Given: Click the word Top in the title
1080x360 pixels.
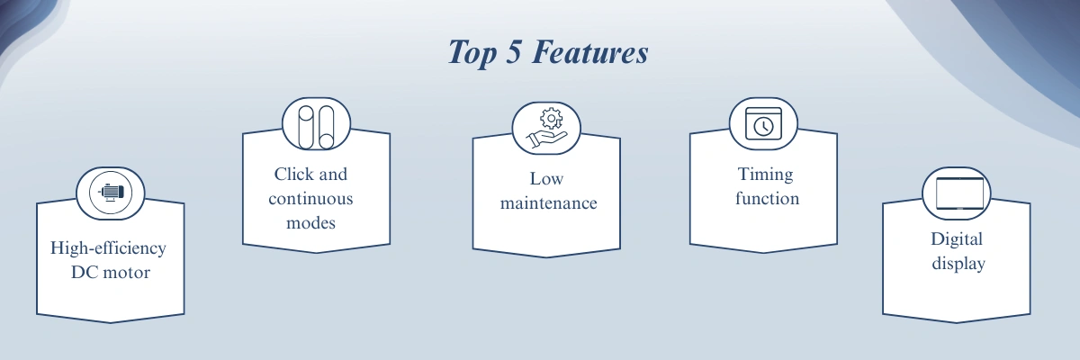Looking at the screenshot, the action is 472,53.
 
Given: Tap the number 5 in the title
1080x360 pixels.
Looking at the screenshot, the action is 514,51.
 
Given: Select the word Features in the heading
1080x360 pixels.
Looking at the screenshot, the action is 590,51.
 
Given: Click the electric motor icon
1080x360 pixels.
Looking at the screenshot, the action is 111,193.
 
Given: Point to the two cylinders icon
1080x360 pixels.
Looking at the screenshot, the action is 316,127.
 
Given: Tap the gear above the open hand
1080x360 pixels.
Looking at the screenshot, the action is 551,119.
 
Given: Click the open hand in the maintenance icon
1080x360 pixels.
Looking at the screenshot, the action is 547,139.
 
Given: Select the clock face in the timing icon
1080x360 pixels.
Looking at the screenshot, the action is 764,127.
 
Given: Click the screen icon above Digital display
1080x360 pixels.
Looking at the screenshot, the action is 959,193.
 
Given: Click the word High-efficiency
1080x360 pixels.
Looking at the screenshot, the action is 108,248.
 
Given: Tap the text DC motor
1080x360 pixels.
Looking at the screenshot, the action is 111,273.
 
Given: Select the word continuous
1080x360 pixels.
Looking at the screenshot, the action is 310,199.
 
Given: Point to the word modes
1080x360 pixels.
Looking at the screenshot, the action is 310,223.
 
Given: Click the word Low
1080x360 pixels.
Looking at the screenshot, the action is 546,179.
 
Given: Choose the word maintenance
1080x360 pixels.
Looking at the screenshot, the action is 548,203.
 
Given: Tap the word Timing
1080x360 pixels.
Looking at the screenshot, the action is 765,175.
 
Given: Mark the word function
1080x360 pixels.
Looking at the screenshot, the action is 767,198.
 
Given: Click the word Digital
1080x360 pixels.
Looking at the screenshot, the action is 957,239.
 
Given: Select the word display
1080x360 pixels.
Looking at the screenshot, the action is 958,264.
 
